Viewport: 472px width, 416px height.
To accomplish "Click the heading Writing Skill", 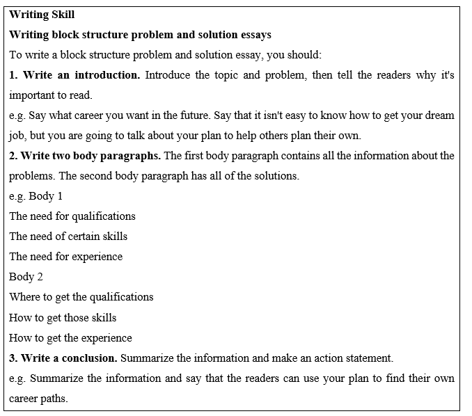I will coord(42,14).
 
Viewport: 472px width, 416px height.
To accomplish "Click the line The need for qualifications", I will coord(72,216).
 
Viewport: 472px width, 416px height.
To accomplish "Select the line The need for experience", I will coord(65,257).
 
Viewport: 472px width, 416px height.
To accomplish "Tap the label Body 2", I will coord(26,277).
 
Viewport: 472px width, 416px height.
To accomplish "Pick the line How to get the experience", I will coord(70,338).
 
